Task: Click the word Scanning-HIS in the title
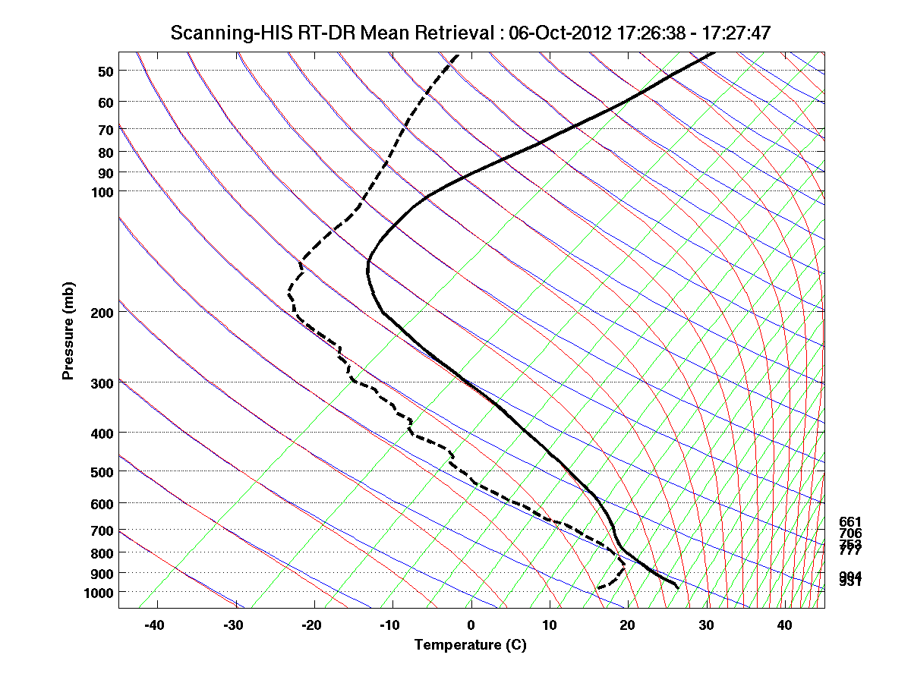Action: click(220, 33)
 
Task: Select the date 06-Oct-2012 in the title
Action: click(548, 33)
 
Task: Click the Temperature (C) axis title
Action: click(470, 645)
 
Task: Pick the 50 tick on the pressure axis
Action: click(106, 71)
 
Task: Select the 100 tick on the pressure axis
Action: click(102, 191)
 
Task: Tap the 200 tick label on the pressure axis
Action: click(102, 312)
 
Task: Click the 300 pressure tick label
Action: click(102, 382)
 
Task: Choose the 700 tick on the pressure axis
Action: click(102, 530)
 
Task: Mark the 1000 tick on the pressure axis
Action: click(99, 592)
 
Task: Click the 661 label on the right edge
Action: click(850, 521)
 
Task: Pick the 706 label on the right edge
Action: click(850, 533)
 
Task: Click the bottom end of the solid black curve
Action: click(677, 587)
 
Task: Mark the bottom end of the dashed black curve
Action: click(597, 587)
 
